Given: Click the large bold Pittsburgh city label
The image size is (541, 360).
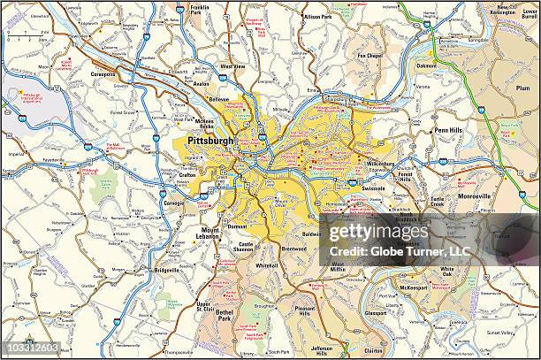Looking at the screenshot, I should coord(210,141).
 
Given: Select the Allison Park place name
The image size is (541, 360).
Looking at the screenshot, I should coord(317,17).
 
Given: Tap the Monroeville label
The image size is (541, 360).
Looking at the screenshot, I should coord(474,195).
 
